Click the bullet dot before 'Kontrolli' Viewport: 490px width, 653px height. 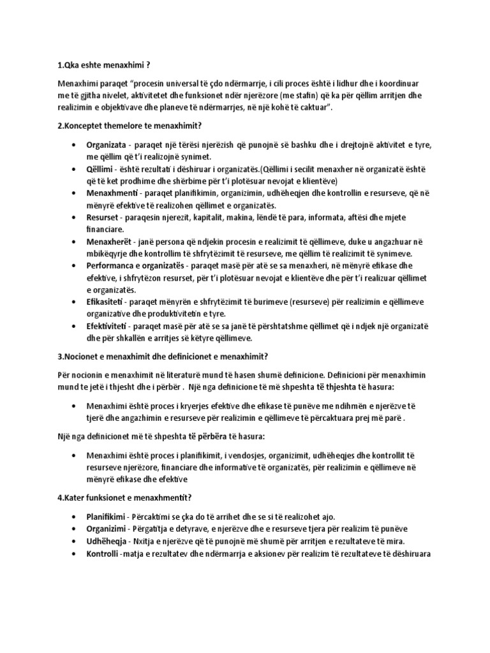tap(75, 554)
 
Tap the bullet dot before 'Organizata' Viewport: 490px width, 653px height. tap(75, 145)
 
